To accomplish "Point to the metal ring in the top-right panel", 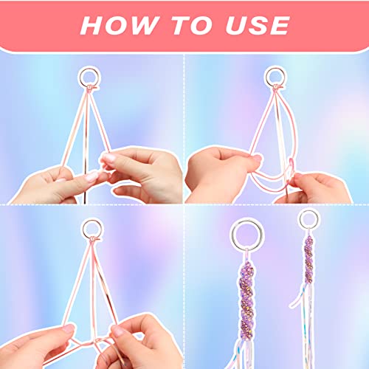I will point(275,75).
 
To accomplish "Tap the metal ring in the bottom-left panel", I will point(92,227).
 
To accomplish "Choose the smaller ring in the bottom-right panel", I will point(308,220).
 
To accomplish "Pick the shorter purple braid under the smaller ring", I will point(308,259).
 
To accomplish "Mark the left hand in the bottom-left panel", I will point(37,347).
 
